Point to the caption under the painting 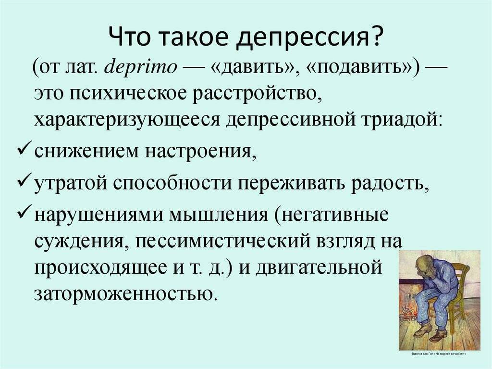click(439, 355)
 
